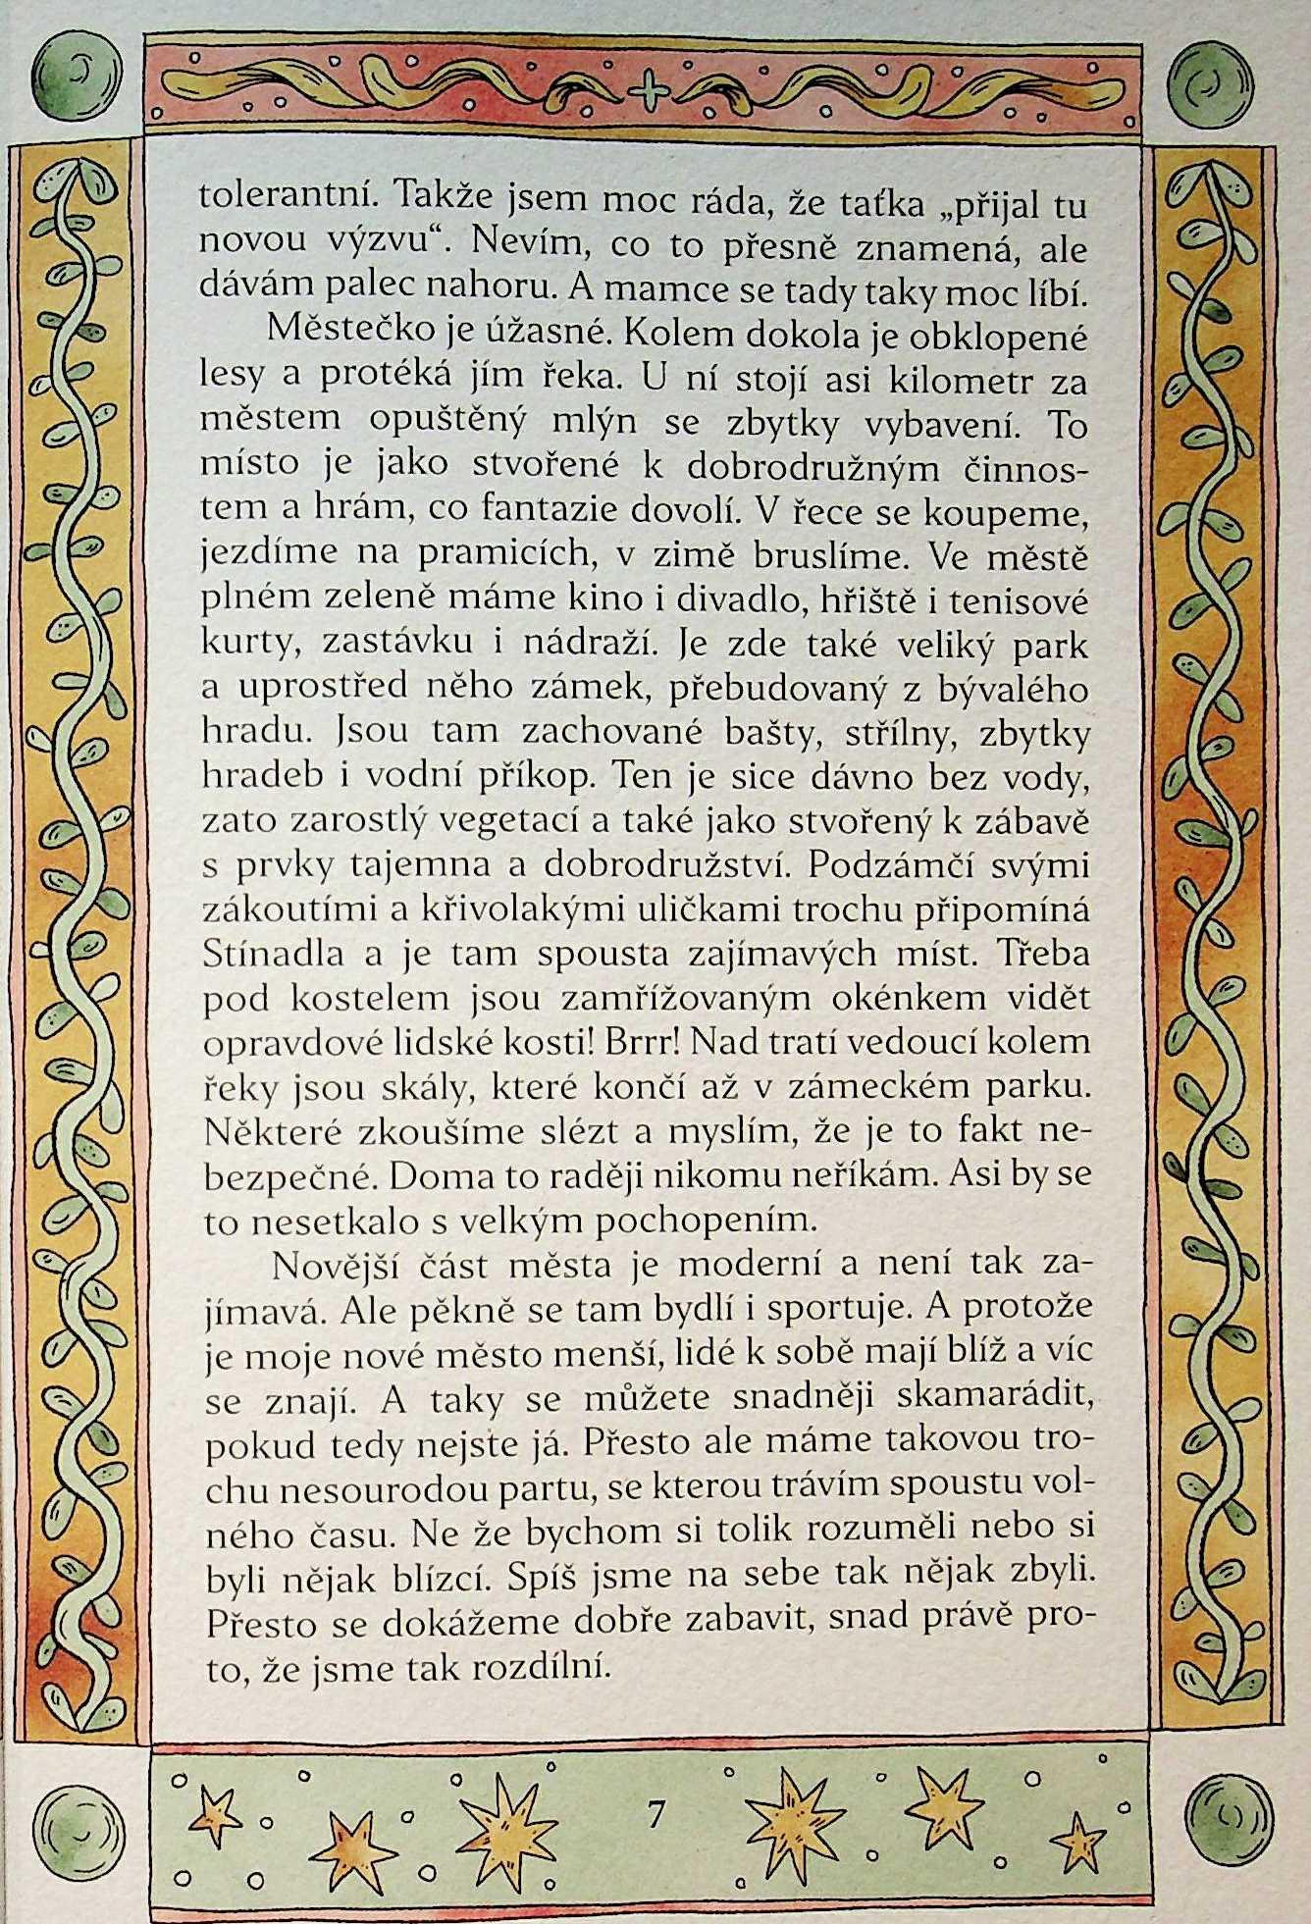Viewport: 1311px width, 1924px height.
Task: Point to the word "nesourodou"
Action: [x=378, y=1489]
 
